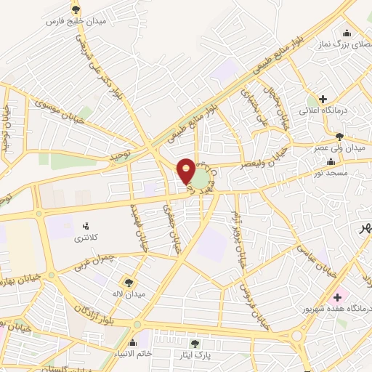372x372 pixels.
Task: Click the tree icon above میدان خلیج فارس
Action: (76, 9)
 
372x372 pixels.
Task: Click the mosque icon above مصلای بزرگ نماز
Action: (347, 32)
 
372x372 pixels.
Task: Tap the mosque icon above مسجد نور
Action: (331, 161)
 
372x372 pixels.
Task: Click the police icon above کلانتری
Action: (88, 226)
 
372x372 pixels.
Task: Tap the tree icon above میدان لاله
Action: (129, 282)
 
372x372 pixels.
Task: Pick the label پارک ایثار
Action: (195, 355)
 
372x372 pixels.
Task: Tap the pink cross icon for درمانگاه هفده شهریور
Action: (336, 297)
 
